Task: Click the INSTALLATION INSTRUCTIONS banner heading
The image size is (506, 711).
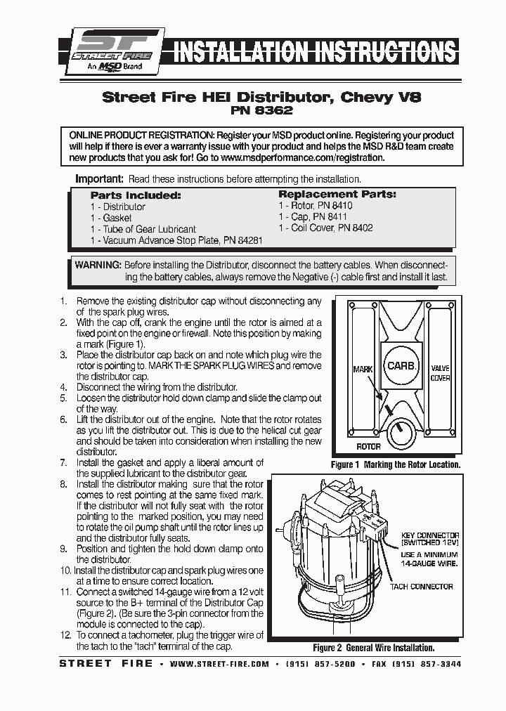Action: click(x=314, y=53)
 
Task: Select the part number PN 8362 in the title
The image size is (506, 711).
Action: click(x=261, y=110)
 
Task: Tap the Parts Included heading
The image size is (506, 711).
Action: click(x=136, y=195)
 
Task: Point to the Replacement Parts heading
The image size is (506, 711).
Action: click(x=337, y=194)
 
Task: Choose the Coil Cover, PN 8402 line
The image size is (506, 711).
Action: click(x=325, y=228)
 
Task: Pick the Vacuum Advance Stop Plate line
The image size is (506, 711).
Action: click(x=176, y=240)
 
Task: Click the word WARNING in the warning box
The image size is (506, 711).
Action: click(x=98, y=266)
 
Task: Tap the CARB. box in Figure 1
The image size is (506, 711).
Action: click(x=402, y=366)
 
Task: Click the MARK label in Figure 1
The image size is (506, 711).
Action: click(x=363, y=369)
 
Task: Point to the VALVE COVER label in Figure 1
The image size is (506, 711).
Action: click(x=440, y=373)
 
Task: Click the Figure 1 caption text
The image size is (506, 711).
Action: click(x=395, y=464)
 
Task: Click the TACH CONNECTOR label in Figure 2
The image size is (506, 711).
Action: click(x=422, y=587)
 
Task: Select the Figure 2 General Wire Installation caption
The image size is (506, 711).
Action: click(x=373, y=648)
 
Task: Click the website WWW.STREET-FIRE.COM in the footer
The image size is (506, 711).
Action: click(x=219, y=664)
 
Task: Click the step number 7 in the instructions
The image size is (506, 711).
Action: click(x=63, y=463)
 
